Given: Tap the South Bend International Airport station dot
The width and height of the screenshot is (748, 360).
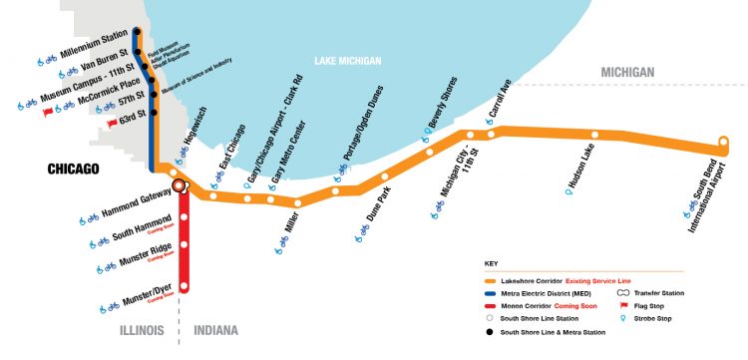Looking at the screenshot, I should click(726, 144).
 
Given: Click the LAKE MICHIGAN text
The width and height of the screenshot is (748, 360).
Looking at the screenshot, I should click(347, 61).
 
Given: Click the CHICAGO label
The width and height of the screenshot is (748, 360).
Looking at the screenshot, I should click(74, 169).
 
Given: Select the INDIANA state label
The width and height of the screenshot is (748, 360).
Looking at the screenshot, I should click(220, 328).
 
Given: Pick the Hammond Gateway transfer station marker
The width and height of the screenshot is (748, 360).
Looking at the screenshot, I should click(180, 184).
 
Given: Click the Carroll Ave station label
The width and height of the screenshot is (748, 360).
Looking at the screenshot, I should click(500, 103).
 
